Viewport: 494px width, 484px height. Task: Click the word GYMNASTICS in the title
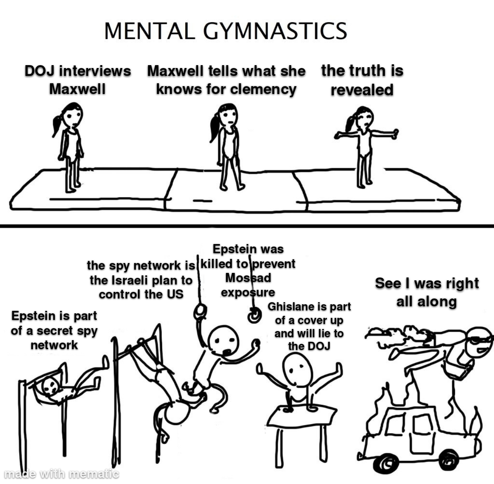point(275,31)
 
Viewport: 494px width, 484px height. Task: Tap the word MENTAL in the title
point(150,31)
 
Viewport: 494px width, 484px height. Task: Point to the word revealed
point(362,90)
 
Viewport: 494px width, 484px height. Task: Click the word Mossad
point(248,277)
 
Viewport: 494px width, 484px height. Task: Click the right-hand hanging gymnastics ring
point(254,316)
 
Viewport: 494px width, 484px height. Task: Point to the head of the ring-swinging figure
point(223,341)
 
